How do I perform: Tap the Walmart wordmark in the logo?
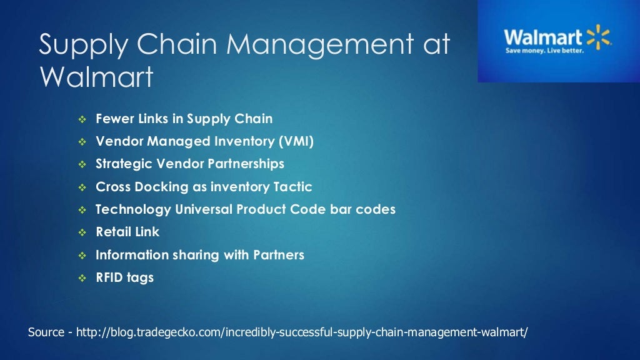pyautogui.click(x=543, y=36)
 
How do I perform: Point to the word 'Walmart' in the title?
pyautogui.click(x=96, y=77)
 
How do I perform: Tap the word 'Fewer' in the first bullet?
pyautogui.click(x=114, y=118)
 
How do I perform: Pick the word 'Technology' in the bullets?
pyautogui.click(x=132, y=209)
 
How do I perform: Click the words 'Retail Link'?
pyautogui.click(x=127, y=232)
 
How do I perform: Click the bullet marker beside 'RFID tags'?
pyautogui.click(x=82, y=278)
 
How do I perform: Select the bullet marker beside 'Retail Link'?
pyautogui.click(x=82, y=232)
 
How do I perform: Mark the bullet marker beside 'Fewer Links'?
pyautogui.click(x=82, y=119)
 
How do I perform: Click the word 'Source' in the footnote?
pyautogui.click(x=46, y=332)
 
